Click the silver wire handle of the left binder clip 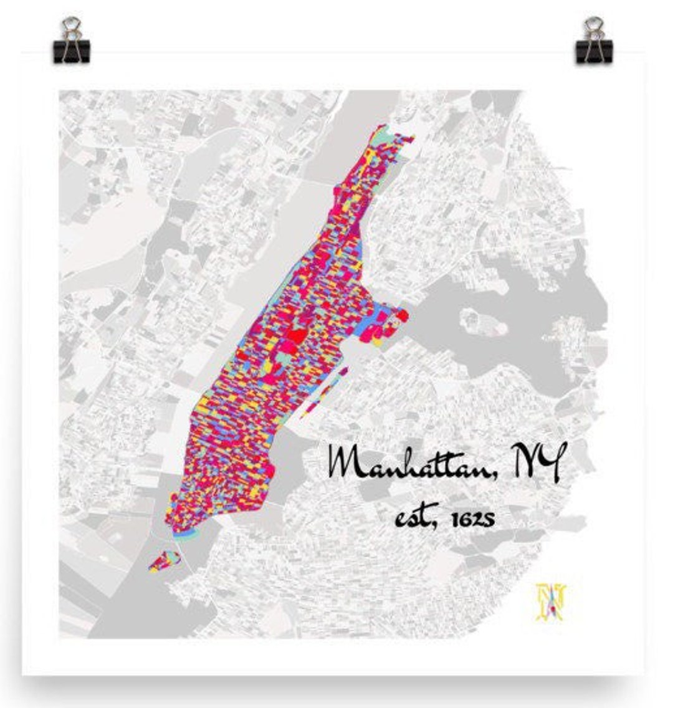[71, 27]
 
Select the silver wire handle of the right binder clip [593, 27]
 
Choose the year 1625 [470, 518]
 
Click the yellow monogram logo [551, 601]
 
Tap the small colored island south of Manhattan [164, 560]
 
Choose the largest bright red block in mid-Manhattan [294, 337]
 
